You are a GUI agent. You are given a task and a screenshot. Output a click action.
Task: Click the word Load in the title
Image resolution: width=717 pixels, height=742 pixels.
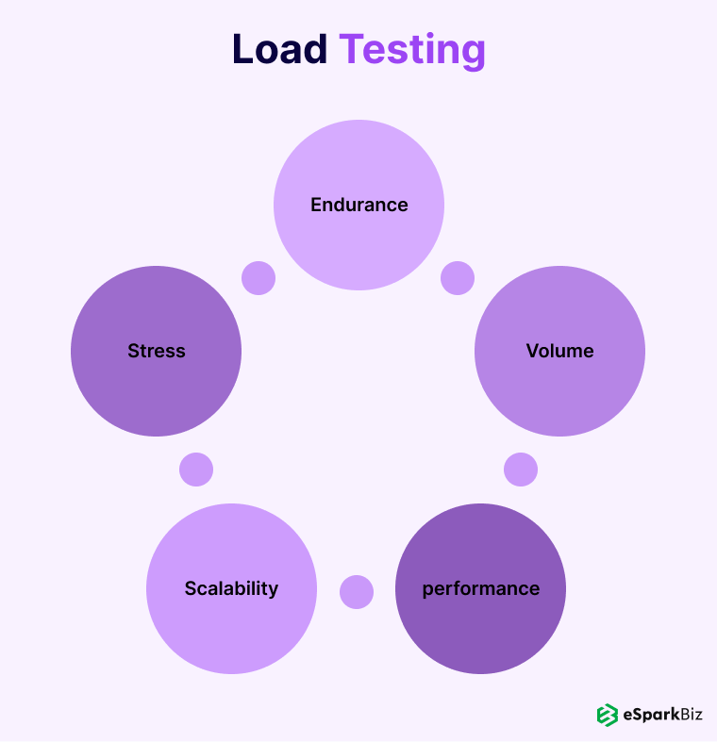coord(279,50)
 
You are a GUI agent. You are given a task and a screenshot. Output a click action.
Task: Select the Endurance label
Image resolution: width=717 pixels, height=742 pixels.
coord(359,205)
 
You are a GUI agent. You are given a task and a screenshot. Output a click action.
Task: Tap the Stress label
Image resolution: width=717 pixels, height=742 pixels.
coord(157,351)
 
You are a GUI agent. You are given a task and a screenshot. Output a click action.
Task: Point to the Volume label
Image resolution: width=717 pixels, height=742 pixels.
coord(560,351)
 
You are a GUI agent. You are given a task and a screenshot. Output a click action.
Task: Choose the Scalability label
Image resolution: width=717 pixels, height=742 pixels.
coord(231,588)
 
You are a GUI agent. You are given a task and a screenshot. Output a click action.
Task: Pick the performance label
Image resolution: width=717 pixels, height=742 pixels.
coord(481,589)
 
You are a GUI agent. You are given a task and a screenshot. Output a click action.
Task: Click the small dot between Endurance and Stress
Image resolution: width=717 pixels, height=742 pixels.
coord(258,278)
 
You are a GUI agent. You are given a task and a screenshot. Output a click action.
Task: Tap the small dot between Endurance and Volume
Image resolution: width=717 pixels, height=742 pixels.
coord(458,278)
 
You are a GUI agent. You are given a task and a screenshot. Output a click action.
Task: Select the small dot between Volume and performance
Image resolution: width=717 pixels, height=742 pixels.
coord(521,470)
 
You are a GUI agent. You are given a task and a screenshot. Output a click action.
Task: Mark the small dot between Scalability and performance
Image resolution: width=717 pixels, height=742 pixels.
coord(357,592)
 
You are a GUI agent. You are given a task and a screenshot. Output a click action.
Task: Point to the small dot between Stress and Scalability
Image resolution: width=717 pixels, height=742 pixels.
coord(196,470)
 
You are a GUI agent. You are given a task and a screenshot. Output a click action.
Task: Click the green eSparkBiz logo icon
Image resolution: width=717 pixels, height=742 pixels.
coord(607,715)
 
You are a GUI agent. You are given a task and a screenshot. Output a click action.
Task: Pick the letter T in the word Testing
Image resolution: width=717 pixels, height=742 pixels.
coord(352,50)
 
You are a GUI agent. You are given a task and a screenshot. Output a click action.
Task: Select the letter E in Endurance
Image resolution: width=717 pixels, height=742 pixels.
coord(317,205)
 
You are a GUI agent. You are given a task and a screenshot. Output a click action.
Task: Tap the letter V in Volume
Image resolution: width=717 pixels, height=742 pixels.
coord(532,351)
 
